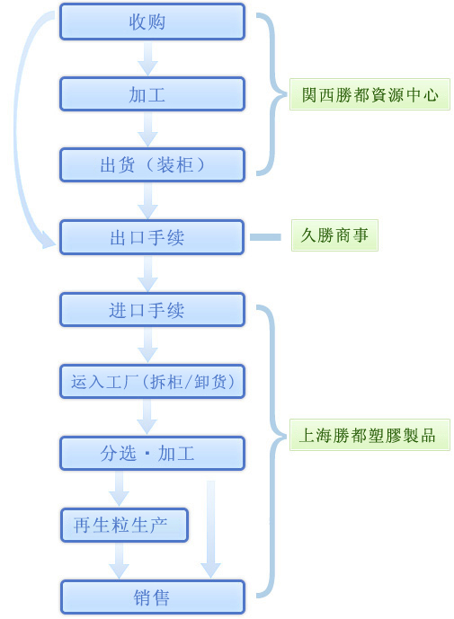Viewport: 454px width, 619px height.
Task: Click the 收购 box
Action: click(152, 22)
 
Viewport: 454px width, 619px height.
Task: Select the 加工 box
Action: click(152, 94)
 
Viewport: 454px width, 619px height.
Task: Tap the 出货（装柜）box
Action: click(152, 165)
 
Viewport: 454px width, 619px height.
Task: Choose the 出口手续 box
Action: click(152, 238)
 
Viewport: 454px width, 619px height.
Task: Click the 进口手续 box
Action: click(152, 310)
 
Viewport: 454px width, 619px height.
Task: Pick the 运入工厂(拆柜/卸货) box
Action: click(152, 382)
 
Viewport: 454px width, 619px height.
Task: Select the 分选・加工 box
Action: click(152, 454)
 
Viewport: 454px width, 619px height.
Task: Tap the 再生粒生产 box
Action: click(124, 526)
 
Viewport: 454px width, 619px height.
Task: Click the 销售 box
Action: click(152, 597)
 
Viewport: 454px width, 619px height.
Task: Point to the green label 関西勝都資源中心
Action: click(369, 94)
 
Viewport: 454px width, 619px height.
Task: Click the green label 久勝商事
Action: click(334, 235)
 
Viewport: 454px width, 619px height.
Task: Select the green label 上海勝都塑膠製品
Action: click(369, 435)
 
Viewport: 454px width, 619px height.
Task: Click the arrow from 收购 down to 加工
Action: click(147, 58)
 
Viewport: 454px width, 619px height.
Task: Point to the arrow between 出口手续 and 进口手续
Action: click(147, 274)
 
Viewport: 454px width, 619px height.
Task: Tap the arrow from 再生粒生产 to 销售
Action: click(119, 561)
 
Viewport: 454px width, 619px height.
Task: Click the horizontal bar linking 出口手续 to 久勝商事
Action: click(265, 237)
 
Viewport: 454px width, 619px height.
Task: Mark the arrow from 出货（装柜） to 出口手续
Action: click(147, 201)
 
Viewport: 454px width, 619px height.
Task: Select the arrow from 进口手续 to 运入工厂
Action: click(147, 345)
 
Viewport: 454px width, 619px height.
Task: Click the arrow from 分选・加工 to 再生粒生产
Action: click(119, 489)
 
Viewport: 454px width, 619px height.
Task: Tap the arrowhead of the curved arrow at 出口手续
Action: click(49, 241)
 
